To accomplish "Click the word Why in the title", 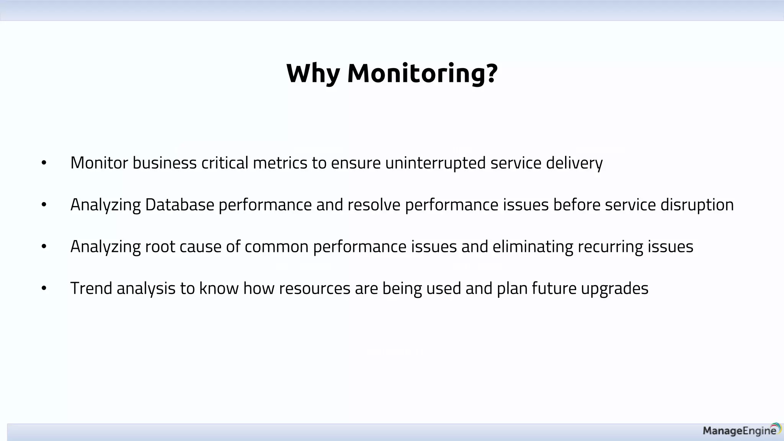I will [313, 73].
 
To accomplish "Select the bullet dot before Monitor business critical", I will [44, 163].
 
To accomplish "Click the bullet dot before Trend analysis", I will [44, 288].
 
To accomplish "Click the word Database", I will [180, 205].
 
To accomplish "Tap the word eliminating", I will [532, 247].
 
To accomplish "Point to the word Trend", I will [91, 288].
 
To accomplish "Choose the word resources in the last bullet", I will [314, 288].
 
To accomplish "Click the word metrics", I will [280, 163].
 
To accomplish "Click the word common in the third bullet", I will [276, 247].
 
